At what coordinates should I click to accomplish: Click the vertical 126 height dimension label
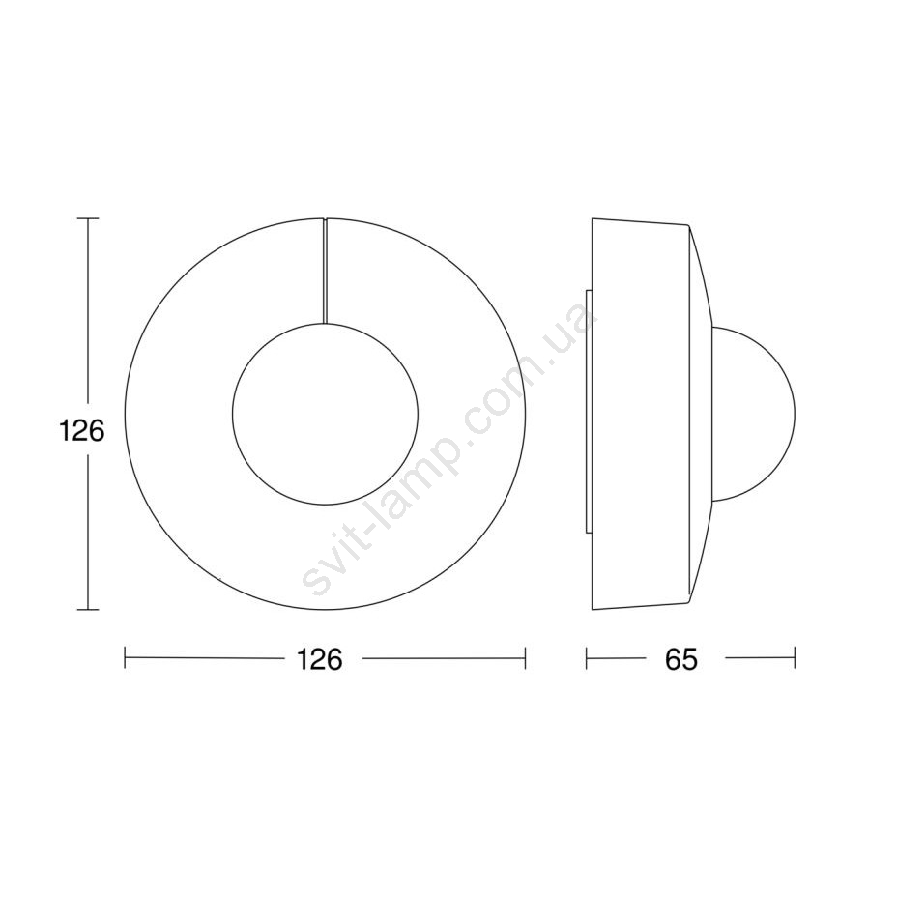82,431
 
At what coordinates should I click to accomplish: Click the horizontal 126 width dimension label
320,659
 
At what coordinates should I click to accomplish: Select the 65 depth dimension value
681,659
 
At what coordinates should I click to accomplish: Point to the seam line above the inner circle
325,271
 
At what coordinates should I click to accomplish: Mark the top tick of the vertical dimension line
88,218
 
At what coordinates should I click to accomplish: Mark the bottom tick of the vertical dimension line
88,610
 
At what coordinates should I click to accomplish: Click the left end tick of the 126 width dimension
126,658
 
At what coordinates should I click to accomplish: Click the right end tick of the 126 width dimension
525,658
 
